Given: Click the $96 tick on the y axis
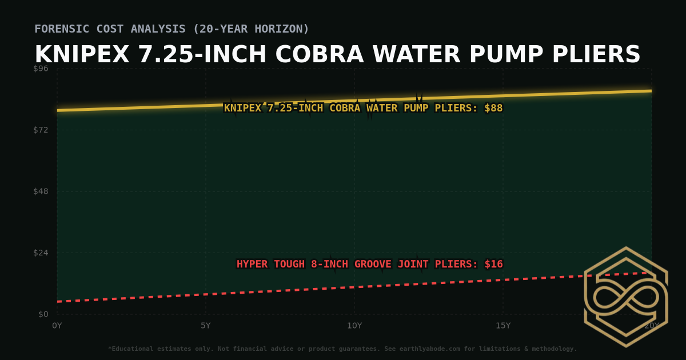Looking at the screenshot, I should pos(41,69).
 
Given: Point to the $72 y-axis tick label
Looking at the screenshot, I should pos(41,130).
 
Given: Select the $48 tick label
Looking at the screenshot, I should pos(41,191).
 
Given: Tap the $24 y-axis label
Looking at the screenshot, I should pos(41,253).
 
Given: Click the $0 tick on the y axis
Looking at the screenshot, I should pos(43,314).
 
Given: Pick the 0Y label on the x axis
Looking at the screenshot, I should pos(57,326).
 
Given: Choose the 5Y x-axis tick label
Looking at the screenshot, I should pos(206,326).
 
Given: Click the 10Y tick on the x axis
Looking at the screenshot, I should pos(354,326).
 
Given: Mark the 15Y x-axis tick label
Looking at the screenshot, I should pos(503,326).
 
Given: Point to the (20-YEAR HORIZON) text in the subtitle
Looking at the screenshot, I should pos(251,29).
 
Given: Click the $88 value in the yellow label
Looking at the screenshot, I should pos(493,108).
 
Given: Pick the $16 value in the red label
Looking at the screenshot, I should pos(493,264).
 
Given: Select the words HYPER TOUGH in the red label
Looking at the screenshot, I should pos(271,264).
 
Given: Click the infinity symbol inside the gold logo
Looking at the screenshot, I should pos(626,297).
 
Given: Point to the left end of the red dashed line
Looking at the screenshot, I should pos(58,301).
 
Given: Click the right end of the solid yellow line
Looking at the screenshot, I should pos(651,91).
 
